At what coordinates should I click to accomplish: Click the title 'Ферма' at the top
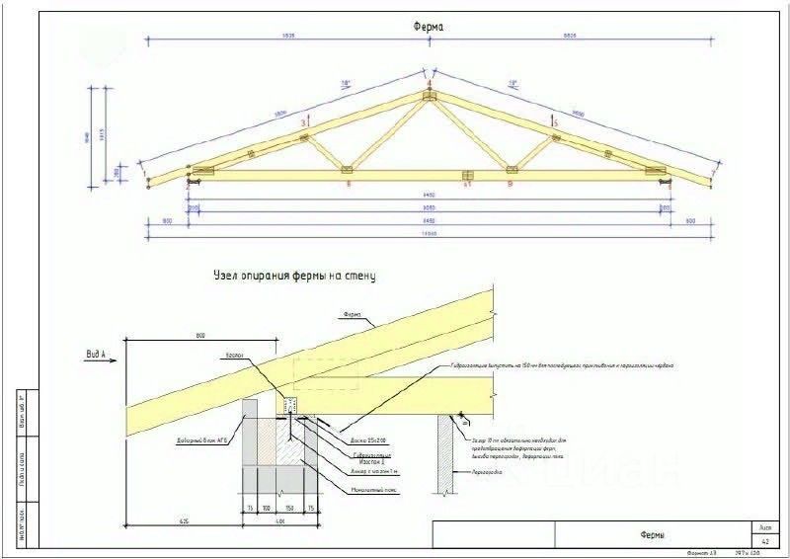[428, 28]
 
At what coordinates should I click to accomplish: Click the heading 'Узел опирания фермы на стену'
[293, 278]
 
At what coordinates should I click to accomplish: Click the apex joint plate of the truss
[429, 96]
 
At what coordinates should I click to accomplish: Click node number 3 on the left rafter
[303, 122]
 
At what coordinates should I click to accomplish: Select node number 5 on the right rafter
[555, 122]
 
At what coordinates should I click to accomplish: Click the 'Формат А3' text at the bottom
[699, 554]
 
